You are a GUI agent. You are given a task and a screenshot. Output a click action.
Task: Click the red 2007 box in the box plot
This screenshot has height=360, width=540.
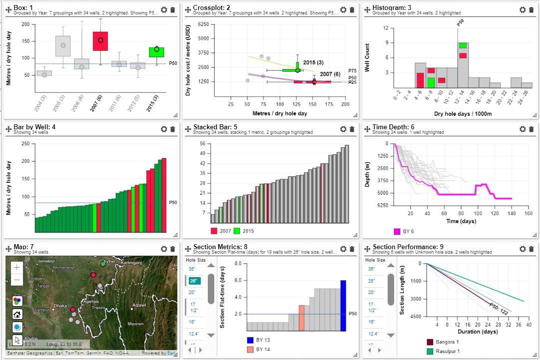[100, 41]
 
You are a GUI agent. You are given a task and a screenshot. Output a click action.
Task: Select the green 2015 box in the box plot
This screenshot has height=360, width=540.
[156, 52]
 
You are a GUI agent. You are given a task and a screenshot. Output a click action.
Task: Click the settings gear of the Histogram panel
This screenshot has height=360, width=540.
[523, 9]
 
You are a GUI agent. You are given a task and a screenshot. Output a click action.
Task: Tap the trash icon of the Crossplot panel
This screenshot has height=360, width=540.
[352, 9]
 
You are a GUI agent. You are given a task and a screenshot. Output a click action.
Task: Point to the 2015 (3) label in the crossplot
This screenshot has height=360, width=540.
[313, 62]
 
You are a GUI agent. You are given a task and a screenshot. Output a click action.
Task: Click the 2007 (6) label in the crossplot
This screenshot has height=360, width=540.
[330, 74]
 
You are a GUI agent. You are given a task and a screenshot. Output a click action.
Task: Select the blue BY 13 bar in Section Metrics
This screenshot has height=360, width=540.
[343, 306]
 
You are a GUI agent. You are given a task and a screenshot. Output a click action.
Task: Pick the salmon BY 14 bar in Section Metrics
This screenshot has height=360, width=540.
[302, 318]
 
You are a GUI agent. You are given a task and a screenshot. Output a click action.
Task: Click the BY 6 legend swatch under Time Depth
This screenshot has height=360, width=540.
[398, 232]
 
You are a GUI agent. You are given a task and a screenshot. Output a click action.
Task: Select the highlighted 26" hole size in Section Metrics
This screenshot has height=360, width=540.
[195, 281]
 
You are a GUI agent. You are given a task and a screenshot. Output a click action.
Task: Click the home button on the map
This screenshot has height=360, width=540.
[17, 315]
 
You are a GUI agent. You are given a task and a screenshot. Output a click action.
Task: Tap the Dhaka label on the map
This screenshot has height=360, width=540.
[60, 306]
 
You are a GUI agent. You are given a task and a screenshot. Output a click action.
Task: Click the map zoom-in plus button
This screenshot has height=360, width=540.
[17, 267]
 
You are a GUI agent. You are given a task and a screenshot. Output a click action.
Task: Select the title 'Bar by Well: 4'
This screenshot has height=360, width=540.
[34, 127]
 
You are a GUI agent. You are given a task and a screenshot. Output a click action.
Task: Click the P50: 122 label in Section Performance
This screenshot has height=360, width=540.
[498, 310]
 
